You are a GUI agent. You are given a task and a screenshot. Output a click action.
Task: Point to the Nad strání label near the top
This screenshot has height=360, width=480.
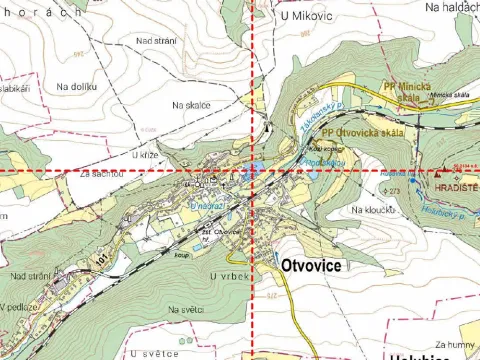[155, 40]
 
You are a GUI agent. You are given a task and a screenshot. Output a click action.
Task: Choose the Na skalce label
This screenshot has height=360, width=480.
[190, 103]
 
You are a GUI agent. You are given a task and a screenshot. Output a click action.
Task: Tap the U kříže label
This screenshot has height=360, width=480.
[145, 155]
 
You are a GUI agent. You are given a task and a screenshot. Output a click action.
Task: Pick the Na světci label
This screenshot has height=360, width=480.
[186, 310]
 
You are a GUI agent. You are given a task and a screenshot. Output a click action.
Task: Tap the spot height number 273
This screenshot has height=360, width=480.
[393, 190]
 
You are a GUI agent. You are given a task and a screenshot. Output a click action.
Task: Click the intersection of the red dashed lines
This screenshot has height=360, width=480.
[252, 172]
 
